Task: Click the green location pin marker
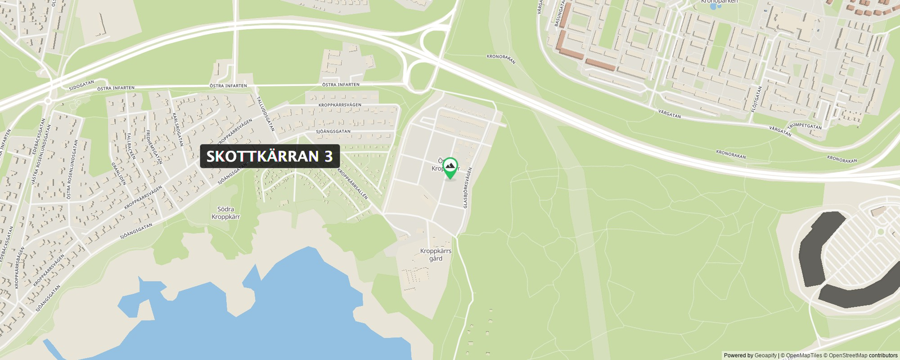[x=450, y=168]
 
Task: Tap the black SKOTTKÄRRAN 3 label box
[x=269, y=156]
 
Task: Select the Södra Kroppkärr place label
[x=226, y=213]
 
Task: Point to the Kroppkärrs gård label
[x=435, y=255]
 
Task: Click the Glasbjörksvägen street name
[x=467, y=188]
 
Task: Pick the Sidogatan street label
[x=82, y=85]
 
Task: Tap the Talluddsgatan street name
[x=265, y=114]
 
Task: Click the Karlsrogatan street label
[x=178, y=130]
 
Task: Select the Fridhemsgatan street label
[x=154, y=147]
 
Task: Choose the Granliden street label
[x=119, y=174]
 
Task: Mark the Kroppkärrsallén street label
[x=353, y=184]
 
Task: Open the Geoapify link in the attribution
[x=765, y=355]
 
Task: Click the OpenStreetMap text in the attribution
[x=848, y=355]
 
